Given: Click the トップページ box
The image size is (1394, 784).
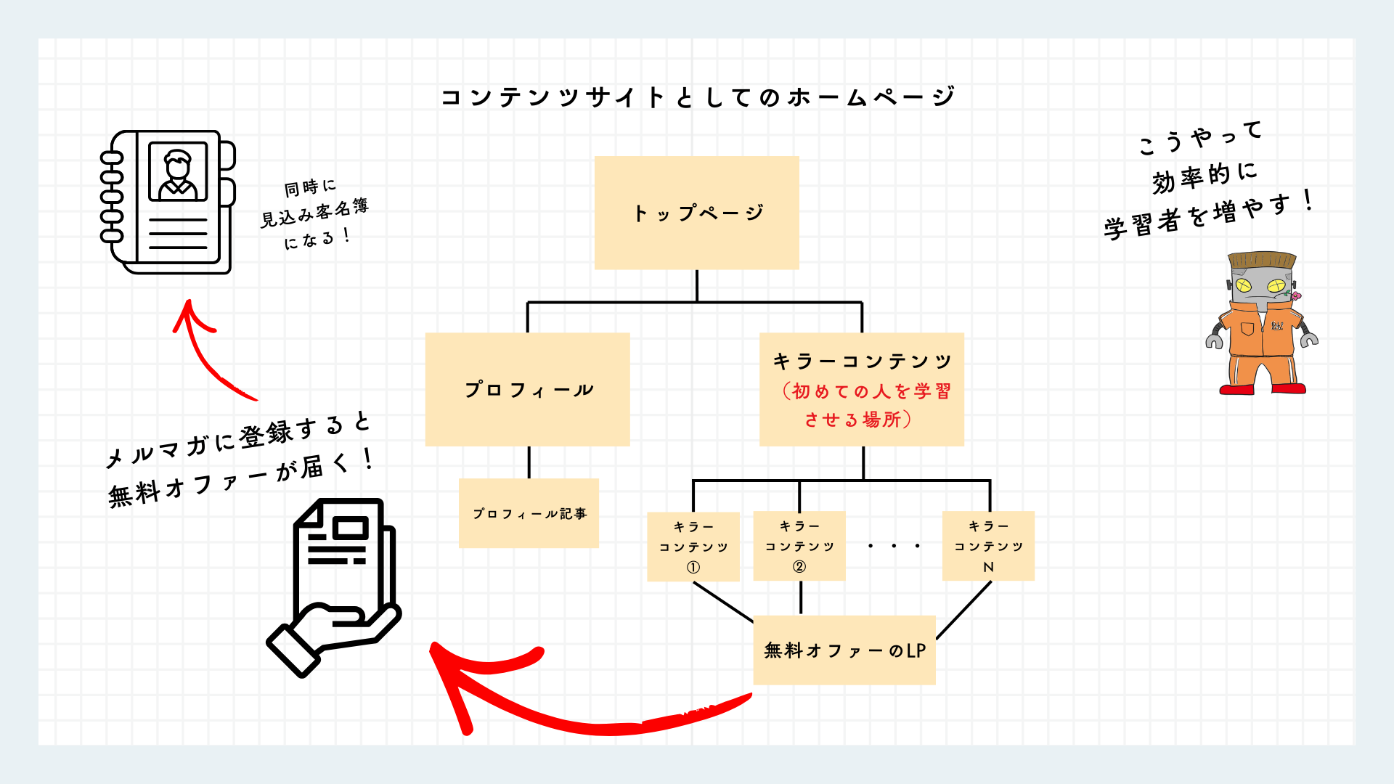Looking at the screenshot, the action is coord(697,213).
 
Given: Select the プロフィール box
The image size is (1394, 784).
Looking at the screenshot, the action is coord(527,389).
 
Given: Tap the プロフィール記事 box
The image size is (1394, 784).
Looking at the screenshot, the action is coord(529,513).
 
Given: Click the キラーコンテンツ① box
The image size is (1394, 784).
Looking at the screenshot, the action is coord(693,547).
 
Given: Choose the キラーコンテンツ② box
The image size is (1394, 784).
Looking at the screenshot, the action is coord(799,546).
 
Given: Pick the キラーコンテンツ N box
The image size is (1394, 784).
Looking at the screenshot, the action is coord(988,546).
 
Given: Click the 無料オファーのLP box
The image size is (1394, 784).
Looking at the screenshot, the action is coord(844,650).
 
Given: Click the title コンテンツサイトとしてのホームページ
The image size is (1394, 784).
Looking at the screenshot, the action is coord(698,97).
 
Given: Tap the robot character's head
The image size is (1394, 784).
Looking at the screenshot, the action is coord(1262,279).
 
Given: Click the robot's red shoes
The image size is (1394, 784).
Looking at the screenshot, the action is coord(1263,389).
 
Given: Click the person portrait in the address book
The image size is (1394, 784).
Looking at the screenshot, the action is coord(178,172).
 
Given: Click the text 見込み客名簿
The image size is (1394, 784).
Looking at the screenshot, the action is coord(314,212).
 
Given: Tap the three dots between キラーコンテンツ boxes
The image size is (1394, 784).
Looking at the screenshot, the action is coord(894,546).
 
